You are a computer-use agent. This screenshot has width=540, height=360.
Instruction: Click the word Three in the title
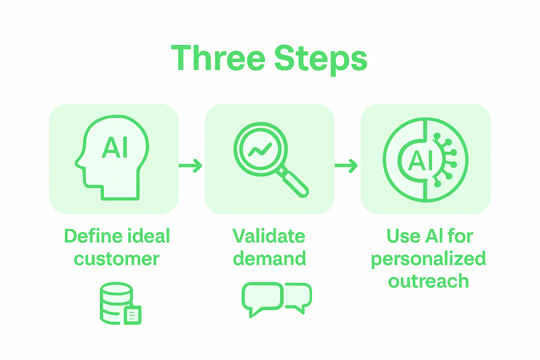[218, 58]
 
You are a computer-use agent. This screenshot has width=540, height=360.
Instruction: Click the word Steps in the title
[321, 59]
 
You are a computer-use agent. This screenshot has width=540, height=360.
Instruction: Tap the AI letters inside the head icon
[115, 147]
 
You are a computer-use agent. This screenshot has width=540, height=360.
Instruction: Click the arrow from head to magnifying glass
[190, 166]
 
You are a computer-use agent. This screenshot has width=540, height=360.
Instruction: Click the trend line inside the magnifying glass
[260, 150]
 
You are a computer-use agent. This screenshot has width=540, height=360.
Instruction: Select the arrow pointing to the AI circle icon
[346, 166]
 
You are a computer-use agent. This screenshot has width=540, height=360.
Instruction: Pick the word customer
[116, 259]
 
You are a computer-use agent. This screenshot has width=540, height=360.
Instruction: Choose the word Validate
[269, 236]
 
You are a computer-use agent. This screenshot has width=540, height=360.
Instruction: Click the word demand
[269, 259]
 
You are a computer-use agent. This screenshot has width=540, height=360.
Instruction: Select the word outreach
[429, 282]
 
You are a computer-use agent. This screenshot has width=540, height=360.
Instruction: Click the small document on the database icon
[133, 315]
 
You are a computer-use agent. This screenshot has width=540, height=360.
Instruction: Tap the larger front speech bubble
[262, 297]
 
